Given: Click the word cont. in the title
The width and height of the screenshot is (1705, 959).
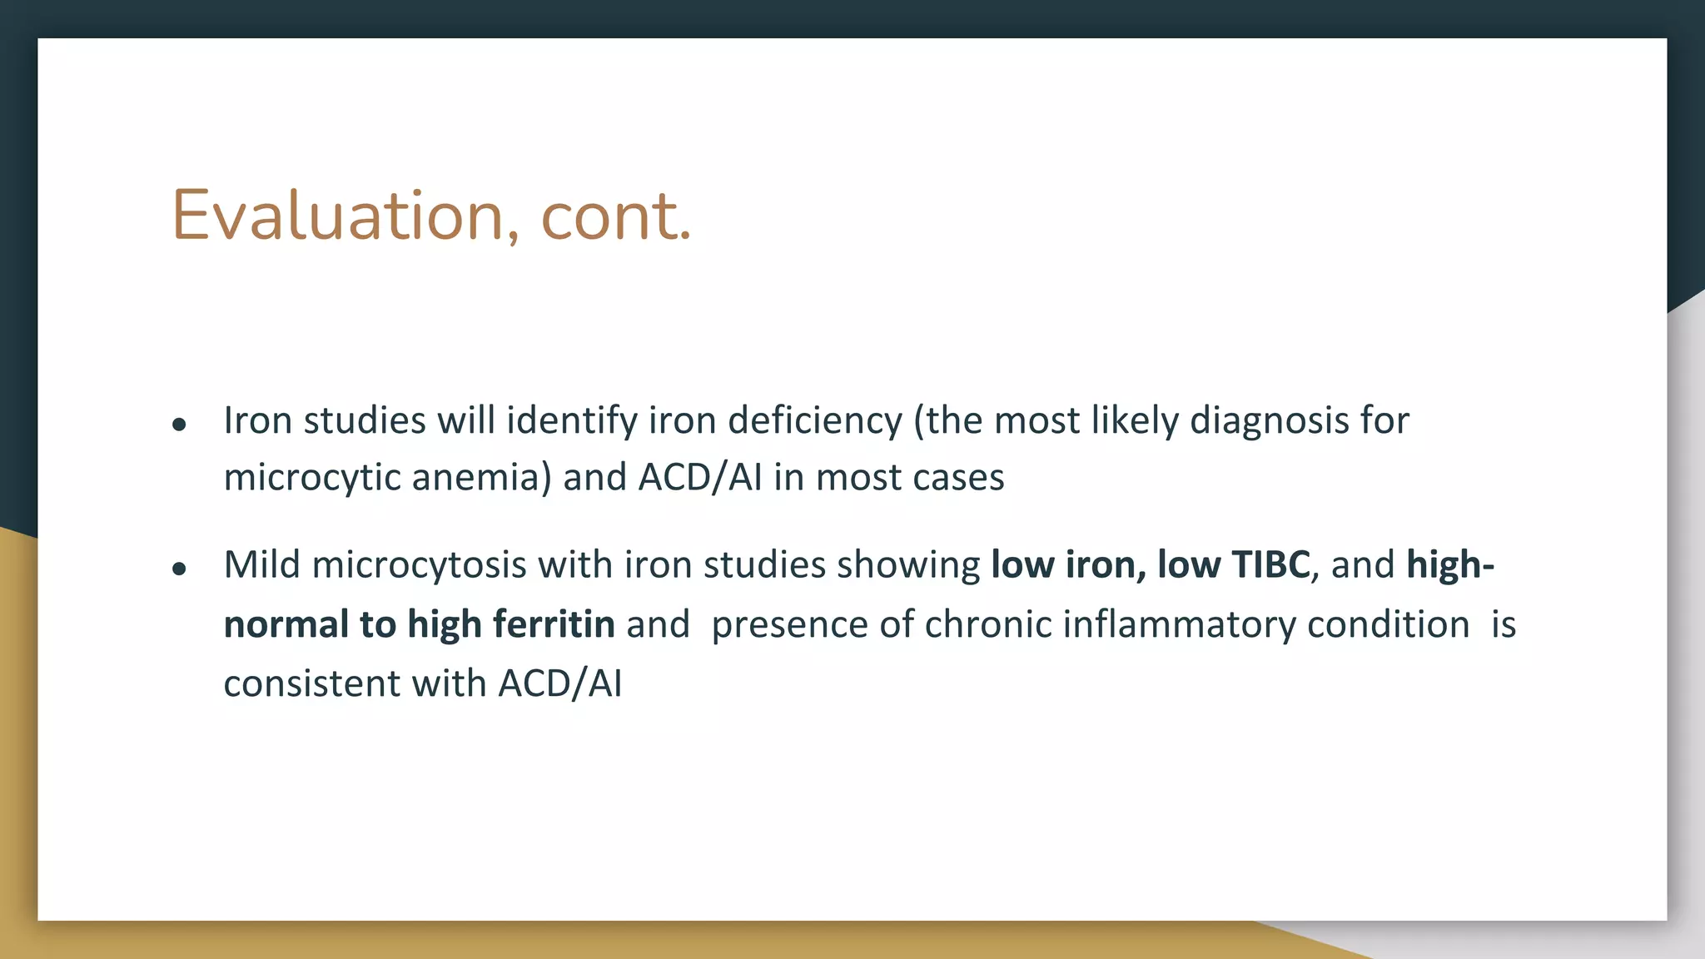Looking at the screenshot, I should click(615, 216).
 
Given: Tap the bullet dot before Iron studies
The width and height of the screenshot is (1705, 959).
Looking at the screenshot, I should click(179, 425).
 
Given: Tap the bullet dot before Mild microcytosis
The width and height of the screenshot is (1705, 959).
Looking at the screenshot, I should click(179, 569).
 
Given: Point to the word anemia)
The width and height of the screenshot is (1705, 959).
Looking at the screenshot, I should click(481, 478).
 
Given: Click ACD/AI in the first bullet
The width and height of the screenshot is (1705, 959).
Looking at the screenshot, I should click(700, 478).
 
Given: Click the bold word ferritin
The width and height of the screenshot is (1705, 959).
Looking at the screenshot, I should click(554, 624).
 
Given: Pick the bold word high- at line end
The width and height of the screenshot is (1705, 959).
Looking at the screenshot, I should click(1449, 564).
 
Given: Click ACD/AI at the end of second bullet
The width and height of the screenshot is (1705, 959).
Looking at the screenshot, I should click(559, 683).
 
